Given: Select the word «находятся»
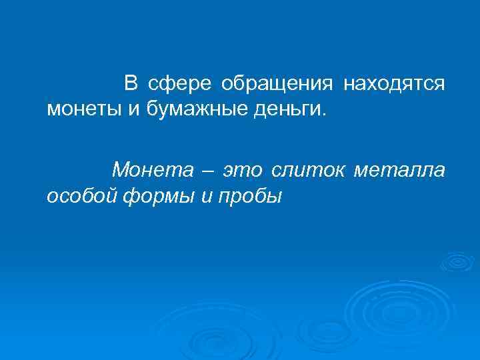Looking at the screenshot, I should [394, 84].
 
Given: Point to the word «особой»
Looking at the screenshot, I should [83, 195].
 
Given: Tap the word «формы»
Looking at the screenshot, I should [160, 195].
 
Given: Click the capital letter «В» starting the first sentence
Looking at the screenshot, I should [131, 84].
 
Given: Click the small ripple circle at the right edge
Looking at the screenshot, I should [457, 261].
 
